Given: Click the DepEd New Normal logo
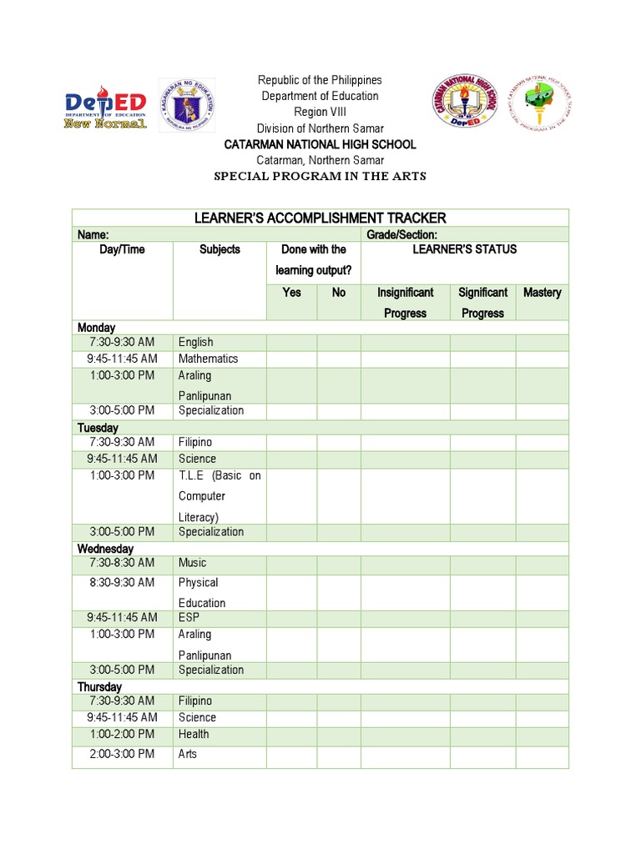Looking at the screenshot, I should coord(106,106).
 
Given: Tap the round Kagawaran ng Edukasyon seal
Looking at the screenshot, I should coord(187,105).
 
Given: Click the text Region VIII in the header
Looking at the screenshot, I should coord(320,112).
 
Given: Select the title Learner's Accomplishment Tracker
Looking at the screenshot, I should coord(320,218).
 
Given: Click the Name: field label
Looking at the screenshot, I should coord(93,235).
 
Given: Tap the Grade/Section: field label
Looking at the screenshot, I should coord(401,235).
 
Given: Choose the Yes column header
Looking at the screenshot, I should coord(292,293).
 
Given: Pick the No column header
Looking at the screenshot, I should coord(339,293).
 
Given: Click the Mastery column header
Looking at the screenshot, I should coord(542,293).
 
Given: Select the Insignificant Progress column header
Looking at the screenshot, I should coord(406,303).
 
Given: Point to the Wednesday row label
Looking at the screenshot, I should coord(105,549).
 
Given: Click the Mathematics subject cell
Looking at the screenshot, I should coord(208,359).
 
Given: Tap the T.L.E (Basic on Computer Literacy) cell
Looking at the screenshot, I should coord(219,496).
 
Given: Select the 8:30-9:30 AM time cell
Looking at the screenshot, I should coord(123,583).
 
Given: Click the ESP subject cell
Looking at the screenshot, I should coord(189,617).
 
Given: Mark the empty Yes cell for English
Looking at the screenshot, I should coord(292,343).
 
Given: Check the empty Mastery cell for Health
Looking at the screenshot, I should coord(542,735).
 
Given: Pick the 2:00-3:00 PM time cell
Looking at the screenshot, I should coord(123,754).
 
